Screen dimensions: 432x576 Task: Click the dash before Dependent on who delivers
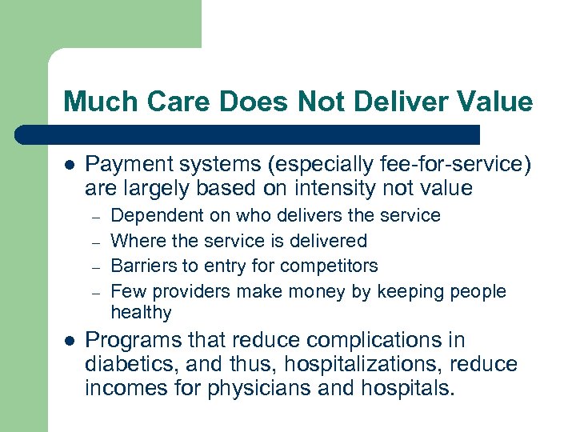click(x=94, y=217)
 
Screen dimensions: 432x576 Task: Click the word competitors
click(x=332, y=266)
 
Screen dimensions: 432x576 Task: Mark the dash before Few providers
click(x=94, y=292)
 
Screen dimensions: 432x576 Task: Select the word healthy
click(x=141, y=313)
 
